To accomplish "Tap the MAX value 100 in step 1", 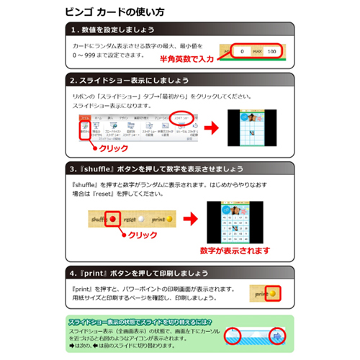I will click(x=271, y=52).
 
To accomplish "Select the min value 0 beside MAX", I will click(x=243, y=52).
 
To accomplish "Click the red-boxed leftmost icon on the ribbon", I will click(x=84, y=129).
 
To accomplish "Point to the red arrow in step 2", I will click(x=211, y=127).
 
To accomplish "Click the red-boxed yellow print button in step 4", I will click(x=266, y=294).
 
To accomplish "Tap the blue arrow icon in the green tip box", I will click(x=277, y=336).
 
